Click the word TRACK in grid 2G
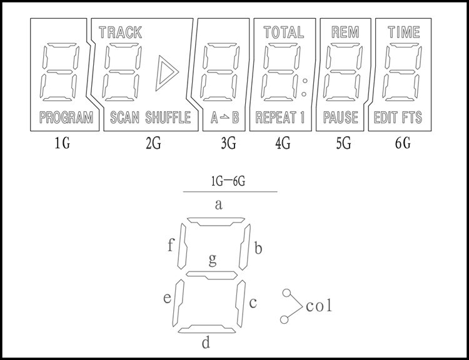point(120,32)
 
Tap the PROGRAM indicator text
point(66,117)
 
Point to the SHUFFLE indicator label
point(168,117)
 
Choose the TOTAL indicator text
point(283,32)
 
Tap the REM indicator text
point(345,32)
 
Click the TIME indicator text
point(404,32)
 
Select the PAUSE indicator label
point(341,117)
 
